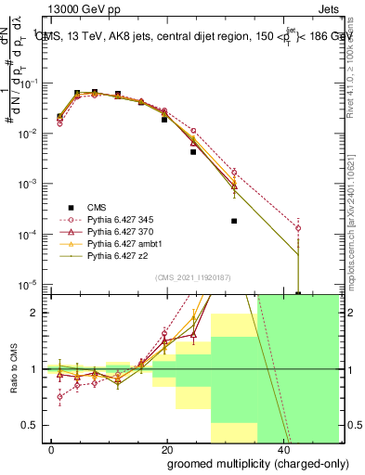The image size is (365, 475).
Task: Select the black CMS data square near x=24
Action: click(193, 151)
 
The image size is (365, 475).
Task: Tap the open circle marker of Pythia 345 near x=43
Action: click(298, 227)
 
